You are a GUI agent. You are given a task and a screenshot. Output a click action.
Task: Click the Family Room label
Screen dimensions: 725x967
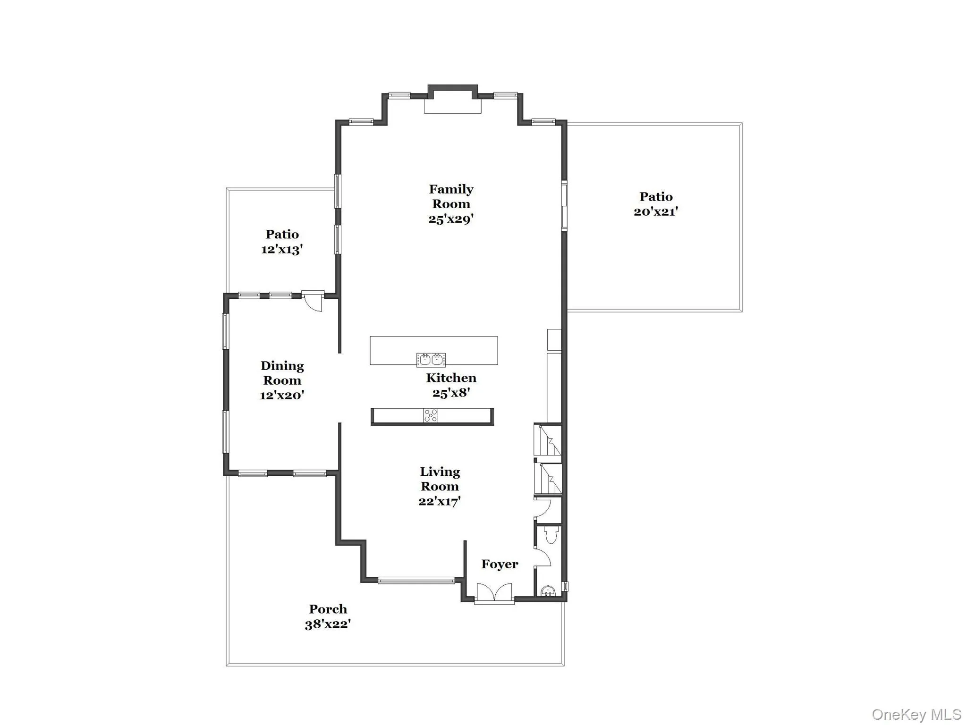(451, 196)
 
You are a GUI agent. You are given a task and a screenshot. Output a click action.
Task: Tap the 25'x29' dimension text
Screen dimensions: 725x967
(451, 219)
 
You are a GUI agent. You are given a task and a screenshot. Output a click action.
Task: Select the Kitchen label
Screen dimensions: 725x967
(451, 378)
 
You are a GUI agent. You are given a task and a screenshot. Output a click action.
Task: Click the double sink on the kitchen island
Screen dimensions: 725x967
(431, 360)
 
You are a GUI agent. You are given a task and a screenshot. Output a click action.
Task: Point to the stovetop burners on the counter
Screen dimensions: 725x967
(431, 415)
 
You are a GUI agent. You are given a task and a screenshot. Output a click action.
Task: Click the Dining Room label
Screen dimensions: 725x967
(282, 373)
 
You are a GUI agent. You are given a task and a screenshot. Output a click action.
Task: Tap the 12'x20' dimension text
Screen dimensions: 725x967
(282, 395)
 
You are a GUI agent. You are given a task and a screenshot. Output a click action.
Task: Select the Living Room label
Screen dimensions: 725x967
(440, 479)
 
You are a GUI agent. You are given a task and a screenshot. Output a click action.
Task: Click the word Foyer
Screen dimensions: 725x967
(500, 564)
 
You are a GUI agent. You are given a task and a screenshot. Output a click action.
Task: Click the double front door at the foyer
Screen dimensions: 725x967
(494, 593)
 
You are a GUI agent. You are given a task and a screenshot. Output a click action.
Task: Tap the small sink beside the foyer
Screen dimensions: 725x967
(548, 590)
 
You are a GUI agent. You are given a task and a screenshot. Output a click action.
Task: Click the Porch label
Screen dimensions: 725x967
(328, 609)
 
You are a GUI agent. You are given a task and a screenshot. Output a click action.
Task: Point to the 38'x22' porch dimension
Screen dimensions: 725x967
(328, 624)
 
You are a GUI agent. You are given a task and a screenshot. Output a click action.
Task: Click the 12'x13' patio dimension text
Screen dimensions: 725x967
(282, 249)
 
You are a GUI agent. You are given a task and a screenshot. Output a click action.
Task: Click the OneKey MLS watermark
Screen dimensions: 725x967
(916, 714)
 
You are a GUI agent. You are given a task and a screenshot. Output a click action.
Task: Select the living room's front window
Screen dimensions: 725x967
(416, 580)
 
